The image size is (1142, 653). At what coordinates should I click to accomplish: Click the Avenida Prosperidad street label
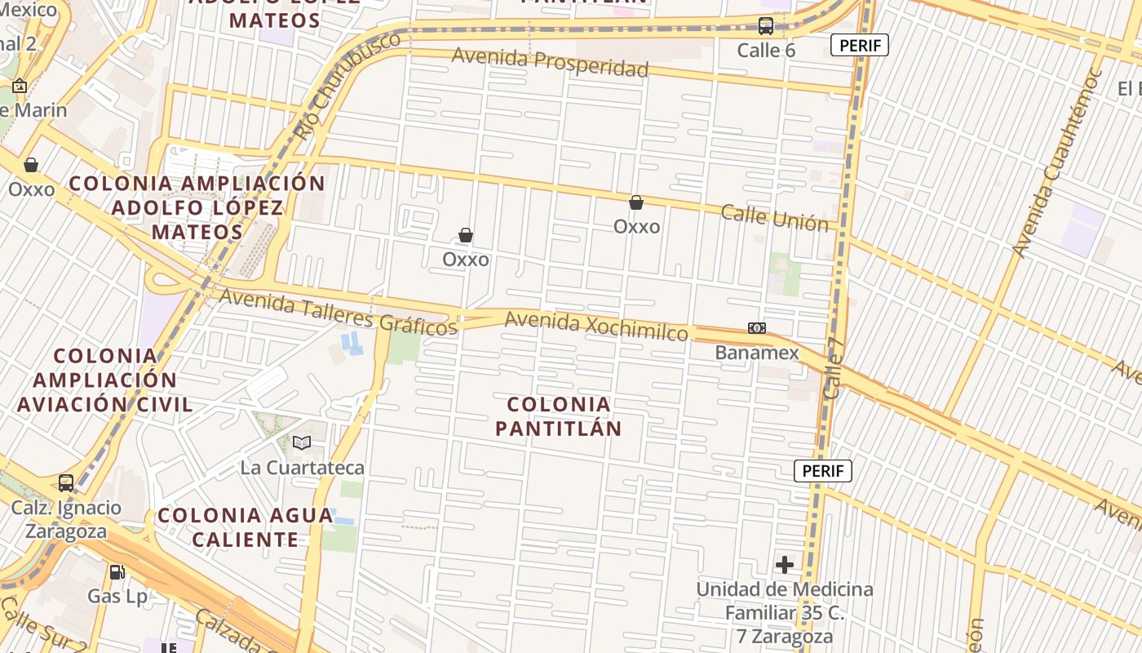550,61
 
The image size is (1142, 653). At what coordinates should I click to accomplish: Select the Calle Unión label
774,218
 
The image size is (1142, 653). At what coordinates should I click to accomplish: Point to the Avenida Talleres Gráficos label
338,312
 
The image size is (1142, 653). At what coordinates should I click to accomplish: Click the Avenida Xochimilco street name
596,325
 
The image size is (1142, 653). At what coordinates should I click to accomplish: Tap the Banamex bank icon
757,328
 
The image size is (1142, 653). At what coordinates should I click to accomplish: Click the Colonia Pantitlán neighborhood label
559,416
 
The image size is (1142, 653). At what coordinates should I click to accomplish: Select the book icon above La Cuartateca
302,442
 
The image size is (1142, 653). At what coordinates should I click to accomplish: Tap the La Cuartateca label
302,468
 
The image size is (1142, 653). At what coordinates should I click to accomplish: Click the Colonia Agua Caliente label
246,527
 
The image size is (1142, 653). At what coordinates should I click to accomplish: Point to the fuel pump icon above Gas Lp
117,572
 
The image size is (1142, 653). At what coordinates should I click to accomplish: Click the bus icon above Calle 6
765,25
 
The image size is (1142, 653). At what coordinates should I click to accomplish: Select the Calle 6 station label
765,50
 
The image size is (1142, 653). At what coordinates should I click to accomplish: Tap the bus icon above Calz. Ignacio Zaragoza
66,482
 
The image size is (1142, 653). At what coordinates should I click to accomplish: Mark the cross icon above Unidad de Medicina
784,565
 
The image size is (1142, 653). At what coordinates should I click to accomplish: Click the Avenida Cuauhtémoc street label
1057,163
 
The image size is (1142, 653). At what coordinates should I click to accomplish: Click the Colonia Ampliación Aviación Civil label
104,380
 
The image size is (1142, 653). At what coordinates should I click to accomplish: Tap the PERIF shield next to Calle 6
859,45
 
